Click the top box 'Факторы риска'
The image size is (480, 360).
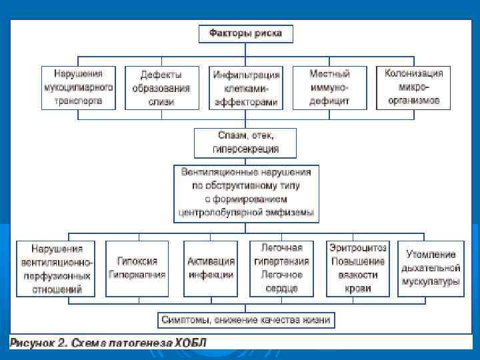point(245,33)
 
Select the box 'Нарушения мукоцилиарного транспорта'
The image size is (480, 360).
point(78,87)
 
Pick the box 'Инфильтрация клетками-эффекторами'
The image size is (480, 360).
point(245,87)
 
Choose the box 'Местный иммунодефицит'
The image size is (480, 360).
point(329,87)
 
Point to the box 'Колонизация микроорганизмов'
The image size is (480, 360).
point(413,87)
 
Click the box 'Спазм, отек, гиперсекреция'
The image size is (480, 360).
point(245,143)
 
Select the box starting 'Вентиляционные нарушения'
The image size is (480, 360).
point(245,193)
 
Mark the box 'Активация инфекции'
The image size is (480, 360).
point(211,268)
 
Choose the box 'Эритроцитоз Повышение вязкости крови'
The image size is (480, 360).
point(357,268)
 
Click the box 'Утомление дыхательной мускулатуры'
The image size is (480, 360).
point(431,268)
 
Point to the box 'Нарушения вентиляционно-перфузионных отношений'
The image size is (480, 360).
point(56,268)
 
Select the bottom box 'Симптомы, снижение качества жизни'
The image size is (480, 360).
point(245,320)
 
